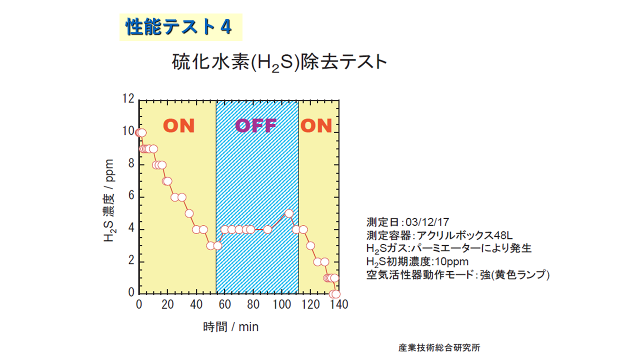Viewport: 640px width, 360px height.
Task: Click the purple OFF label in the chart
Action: click(x=255, y=125)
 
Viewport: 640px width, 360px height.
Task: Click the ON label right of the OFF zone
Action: click(x=316, y=125)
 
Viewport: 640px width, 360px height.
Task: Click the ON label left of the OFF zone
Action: click(x=179, y=125)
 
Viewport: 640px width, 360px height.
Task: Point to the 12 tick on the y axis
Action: click(x=128, y=99)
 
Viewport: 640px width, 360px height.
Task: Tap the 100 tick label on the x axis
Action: click(x=281, y=304)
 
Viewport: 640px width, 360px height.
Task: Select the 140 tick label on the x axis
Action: click(x=339, y=304)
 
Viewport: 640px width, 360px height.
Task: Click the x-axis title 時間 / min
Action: click(x=230, y=327)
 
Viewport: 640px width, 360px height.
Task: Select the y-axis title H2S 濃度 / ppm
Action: click(x=109, y=200)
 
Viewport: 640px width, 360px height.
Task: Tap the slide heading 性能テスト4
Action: click(x=179, y=27)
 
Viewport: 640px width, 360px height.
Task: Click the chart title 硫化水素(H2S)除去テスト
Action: click(x=279, y=62)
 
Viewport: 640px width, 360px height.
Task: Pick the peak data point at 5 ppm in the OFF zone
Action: click(x=289, y=213)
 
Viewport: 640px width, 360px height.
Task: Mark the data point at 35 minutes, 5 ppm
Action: click(x=189, y=213)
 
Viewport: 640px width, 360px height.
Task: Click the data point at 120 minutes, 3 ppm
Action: click(x=310, y=245)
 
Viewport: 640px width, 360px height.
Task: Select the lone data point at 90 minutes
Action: click(x=267, y=229)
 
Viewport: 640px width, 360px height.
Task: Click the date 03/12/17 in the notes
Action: click(x=427, y=222)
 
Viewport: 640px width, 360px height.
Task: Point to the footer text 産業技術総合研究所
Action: click(x=439, y=347)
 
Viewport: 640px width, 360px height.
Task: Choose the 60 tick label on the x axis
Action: click(x=224, y=304)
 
